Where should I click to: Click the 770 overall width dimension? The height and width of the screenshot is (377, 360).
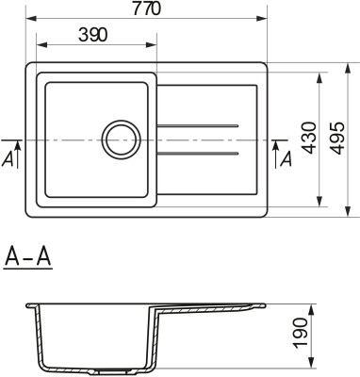point(146,8)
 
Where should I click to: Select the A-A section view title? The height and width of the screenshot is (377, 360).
point(27,256)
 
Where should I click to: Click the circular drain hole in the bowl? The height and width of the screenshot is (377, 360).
point(121,139)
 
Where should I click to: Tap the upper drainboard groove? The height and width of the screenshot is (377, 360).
point(199,126)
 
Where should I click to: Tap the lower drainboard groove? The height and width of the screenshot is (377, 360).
point(199,153)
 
